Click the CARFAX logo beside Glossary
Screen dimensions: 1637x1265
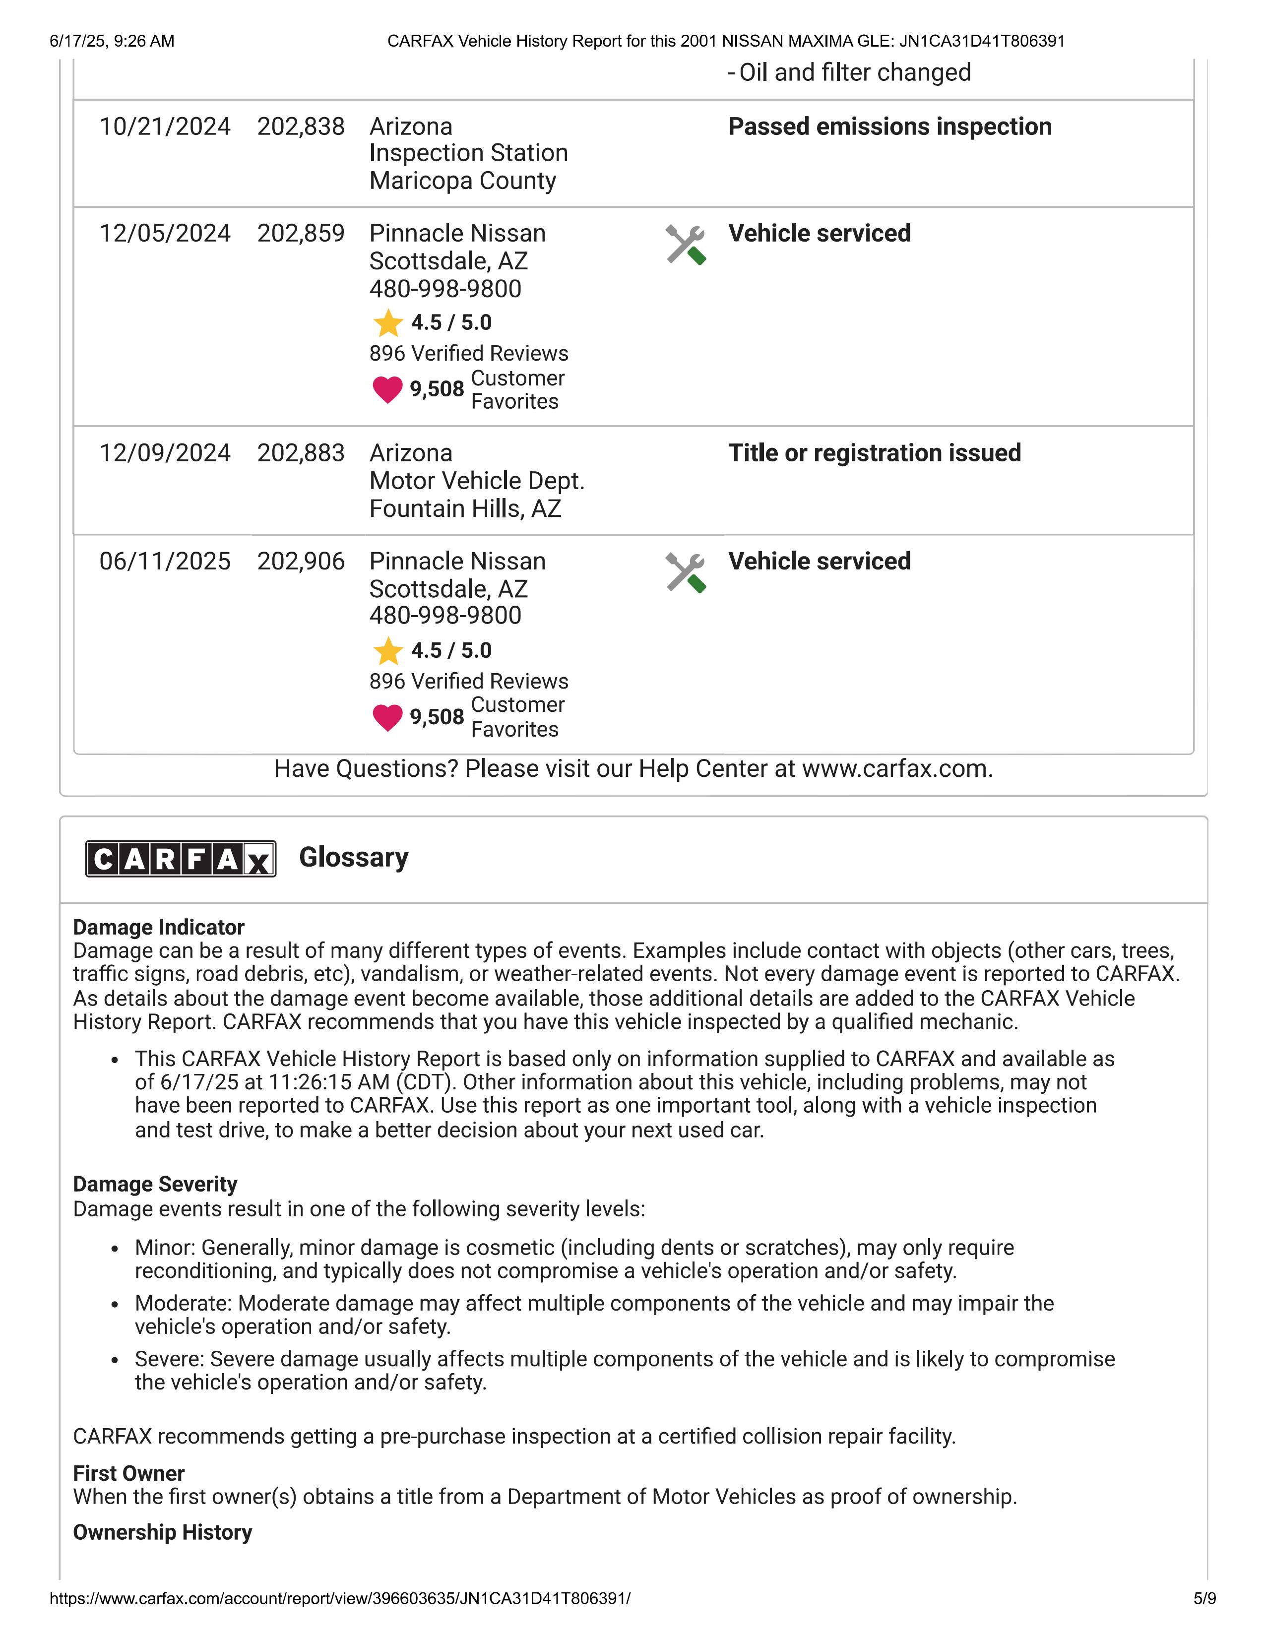(x=181, y=859)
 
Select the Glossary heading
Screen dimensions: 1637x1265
(x=354, y=858)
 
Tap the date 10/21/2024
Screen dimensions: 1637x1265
(x=165, y=126)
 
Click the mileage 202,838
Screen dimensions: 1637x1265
(x=301, y=126)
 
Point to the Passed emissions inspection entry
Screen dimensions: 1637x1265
(x=889, y=126)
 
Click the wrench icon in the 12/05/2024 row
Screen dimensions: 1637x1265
(x=686, y=245)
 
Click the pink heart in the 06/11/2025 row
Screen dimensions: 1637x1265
(x=387, y=717)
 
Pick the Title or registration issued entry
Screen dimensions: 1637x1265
(x=874, y=453)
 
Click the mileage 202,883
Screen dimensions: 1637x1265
(x=301, y=453)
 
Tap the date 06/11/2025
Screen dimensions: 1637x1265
(x=165, y=562)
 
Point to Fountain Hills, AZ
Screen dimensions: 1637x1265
(x=465, y=509)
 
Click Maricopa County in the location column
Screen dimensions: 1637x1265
(x=462, y=181)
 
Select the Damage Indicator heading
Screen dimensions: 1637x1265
(x=158, y=927)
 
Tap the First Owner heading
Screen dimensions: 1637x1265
(x=128, y=1474)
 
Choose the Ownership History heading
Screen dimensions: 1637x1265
(x=162, y=1532)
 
